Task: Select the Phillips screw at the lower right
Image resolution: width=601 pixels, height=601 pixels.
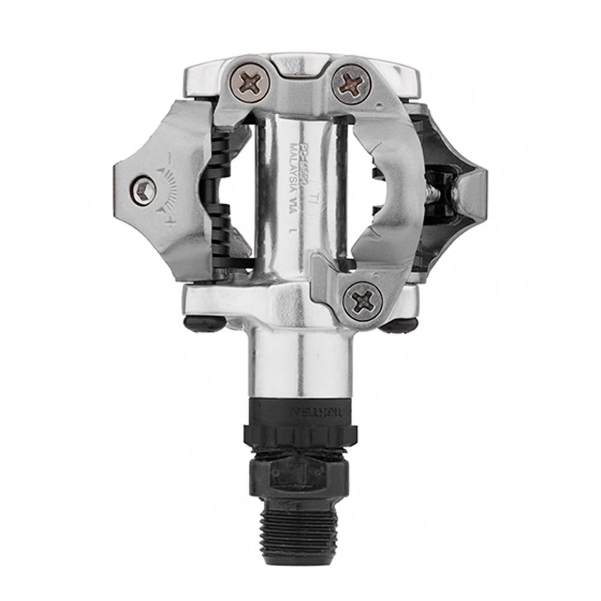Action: [362, 298]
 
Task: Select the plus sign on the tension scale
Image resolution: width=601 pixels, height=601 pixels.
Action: [171, 224]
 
